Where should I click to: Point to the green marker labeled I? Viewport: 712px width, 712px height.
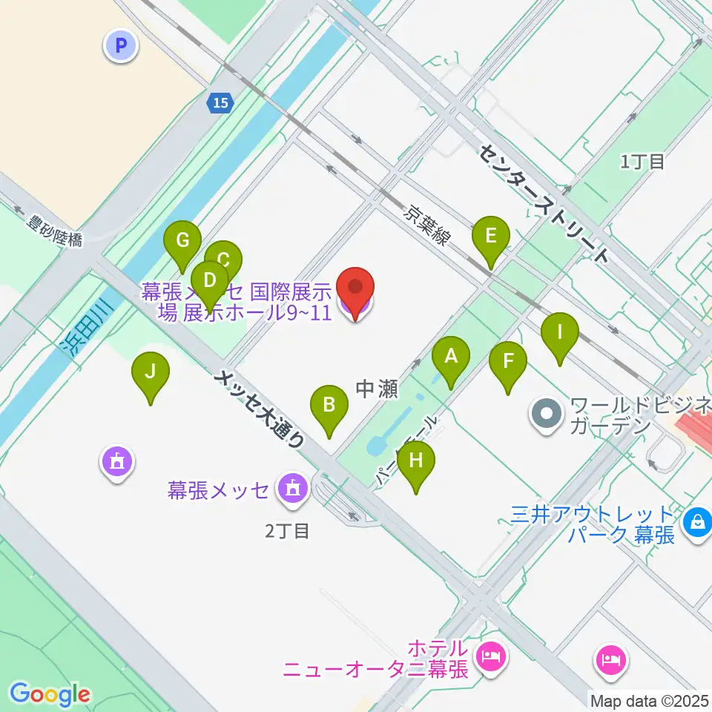[560, 338]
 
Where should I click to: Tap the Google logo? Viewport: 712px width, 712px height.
[50, 694]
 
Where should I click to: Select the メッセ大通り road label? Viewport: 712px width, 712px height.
[260, 408]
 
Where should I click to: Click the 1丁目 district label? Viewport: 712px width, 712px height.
[643, 161]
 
